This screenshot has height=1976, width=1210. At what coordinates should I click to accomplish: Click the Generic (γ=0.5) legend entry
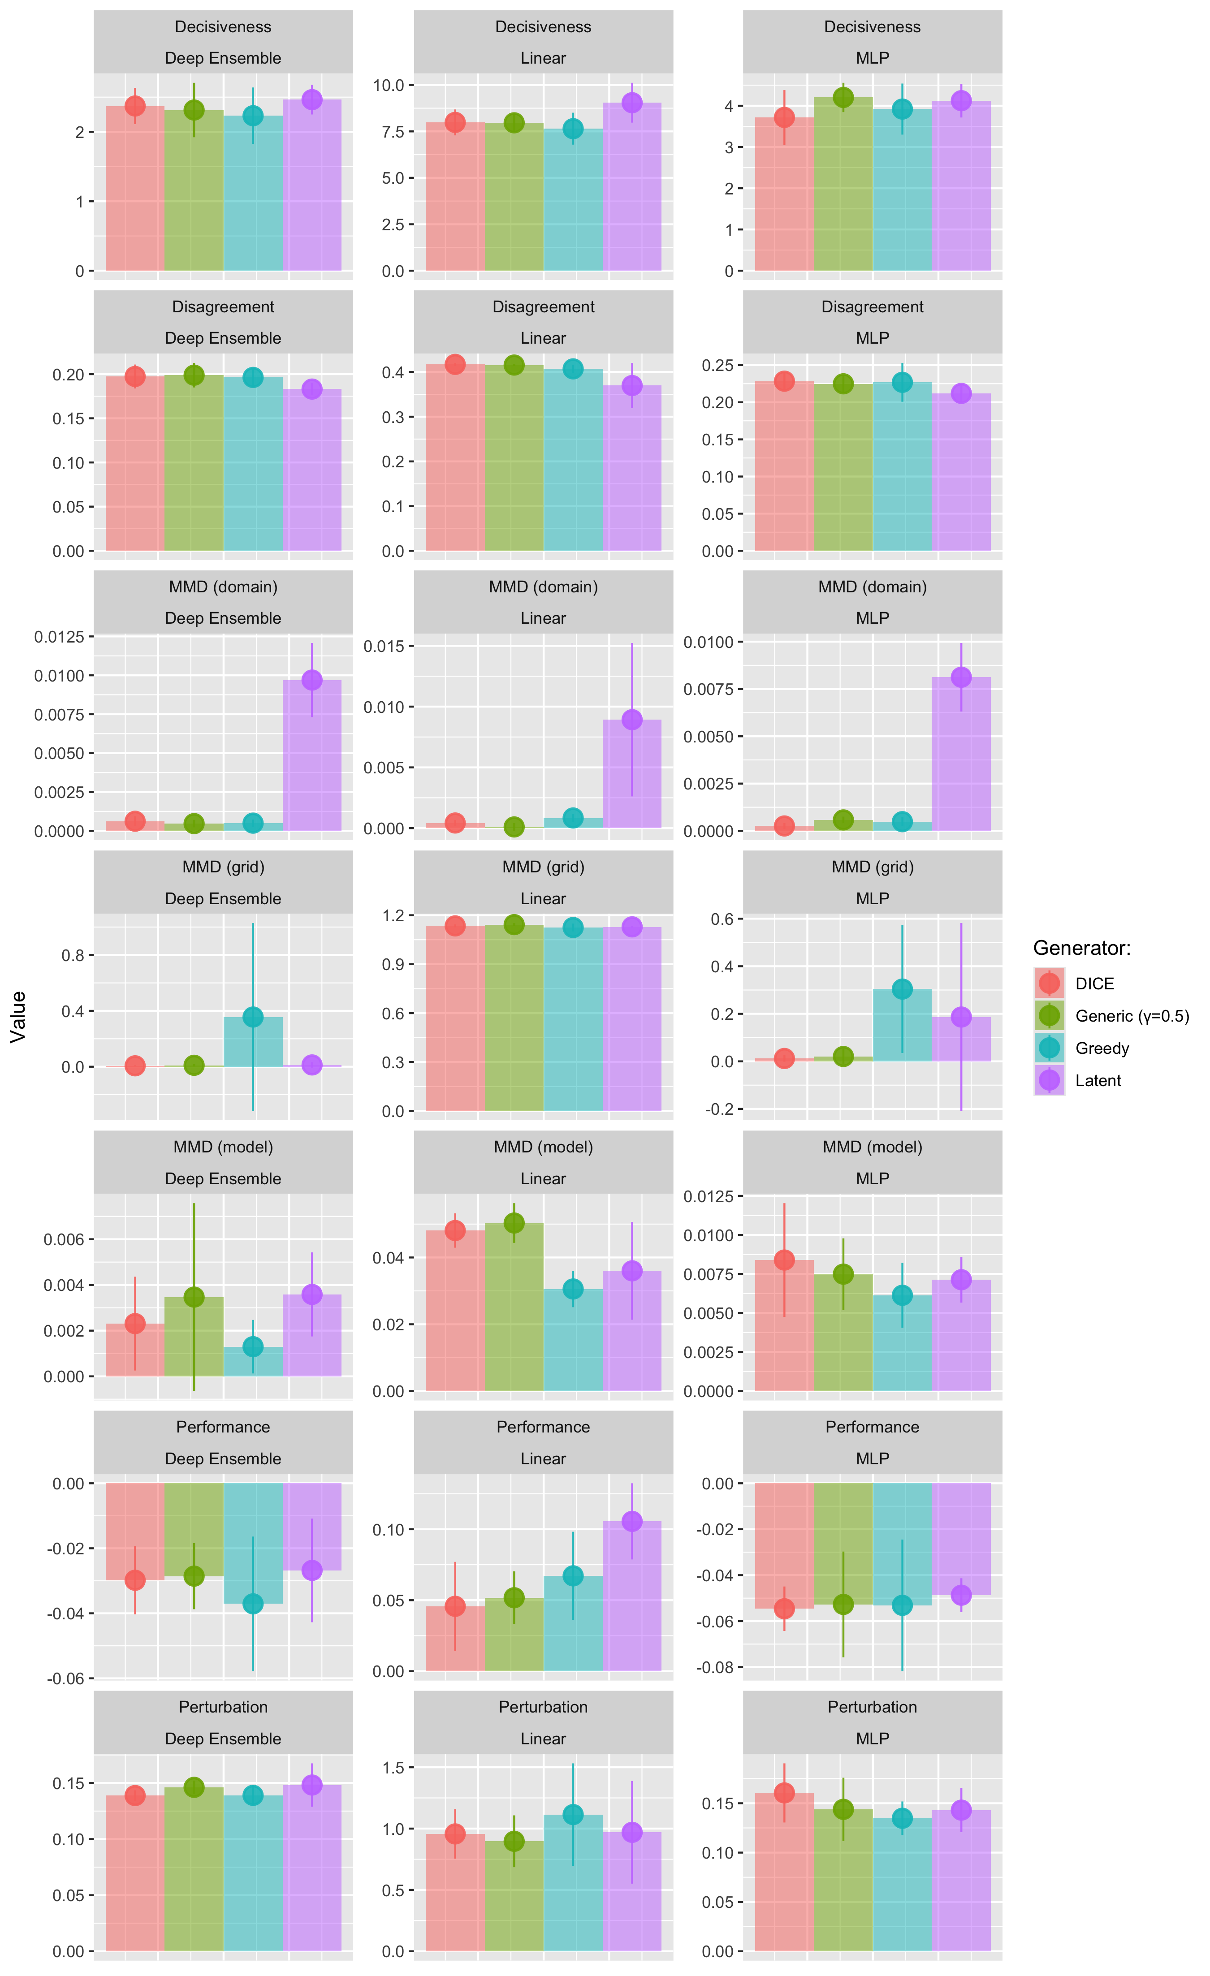(1131, 1016)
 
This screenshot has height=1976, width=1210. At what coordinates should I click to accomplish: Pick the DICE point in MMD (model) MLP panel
(784, 1260)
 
